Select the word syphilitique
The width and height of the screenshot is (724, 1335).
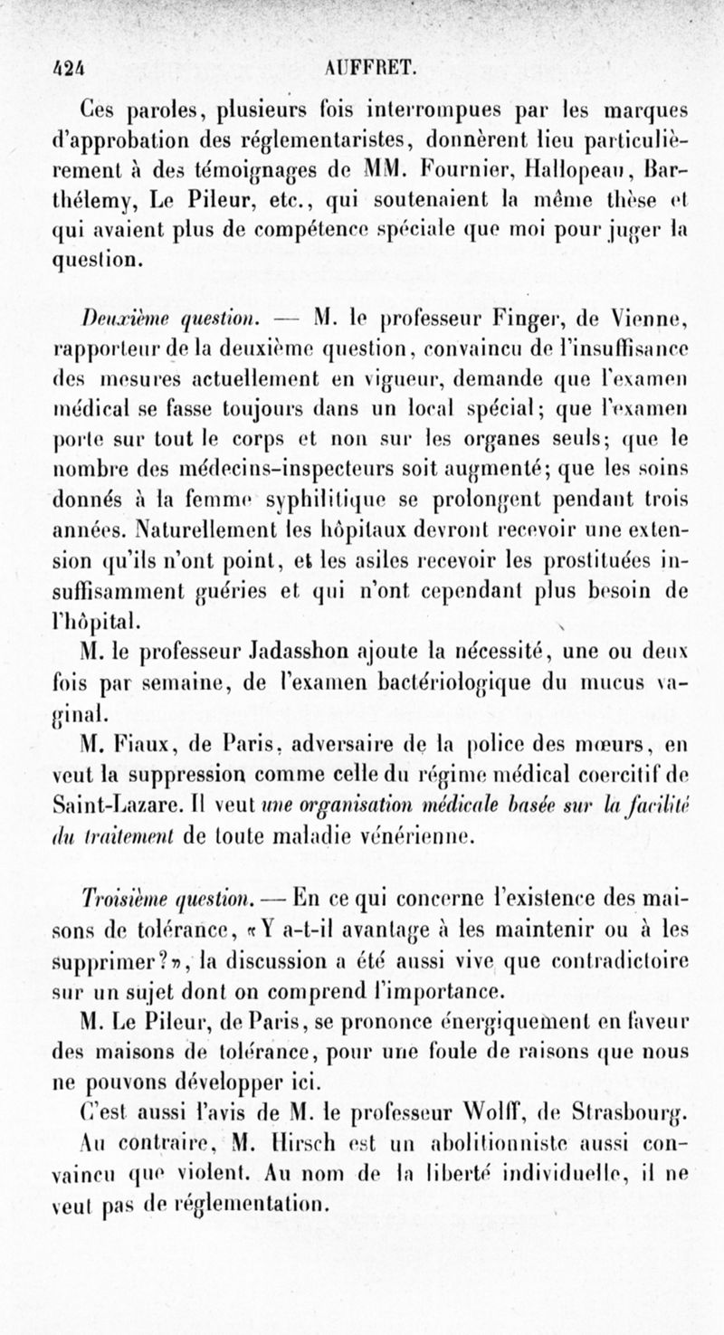click(x=347, y=498)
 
